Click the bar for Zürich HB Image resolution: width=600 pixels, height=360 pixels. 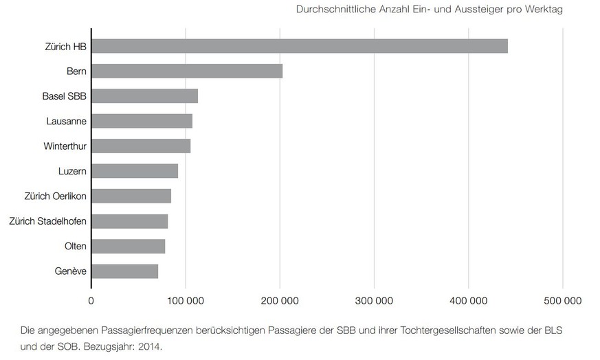[299, 46]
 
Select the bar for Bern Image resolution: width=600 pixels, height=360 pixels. [186, 71]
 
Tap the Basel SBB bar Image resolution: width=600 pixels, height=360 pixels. [144, 96]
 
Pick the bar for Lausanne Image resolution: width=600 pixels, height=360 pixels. [142, 121]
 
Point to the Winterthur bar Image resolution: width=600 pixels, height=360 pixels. [141, 146]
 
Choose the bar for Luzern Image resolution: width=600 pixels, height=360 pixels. [135, 171]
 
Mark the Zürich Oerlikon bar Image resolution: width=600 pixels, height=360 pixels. [131, 196]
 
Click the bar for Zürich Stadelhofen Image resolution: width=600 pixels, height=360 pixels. [129, 221]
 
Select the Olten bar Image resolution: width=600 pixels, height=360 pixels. [128, 246]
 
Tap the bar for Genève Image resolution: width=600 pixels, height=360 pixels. [124, 271]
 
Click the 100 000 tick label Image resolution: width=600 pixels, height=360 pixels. [186, 300]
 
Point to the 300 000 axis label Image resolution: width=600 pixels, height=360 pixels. [375, 300]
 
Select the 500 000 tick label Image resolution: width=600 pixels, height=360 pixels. [563, 300]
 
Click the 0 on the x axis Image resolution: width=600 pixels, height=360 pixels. [91, 300]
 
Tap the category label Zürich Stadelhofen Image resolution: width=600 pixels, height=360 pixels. [47, 221]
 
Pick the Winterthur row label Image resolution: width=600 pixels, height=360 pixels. [65, 146]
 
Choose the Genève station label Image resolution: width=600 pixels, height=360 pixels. [71, 271]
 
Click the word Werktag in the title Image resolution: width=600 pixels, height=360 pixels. [544, 10]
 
